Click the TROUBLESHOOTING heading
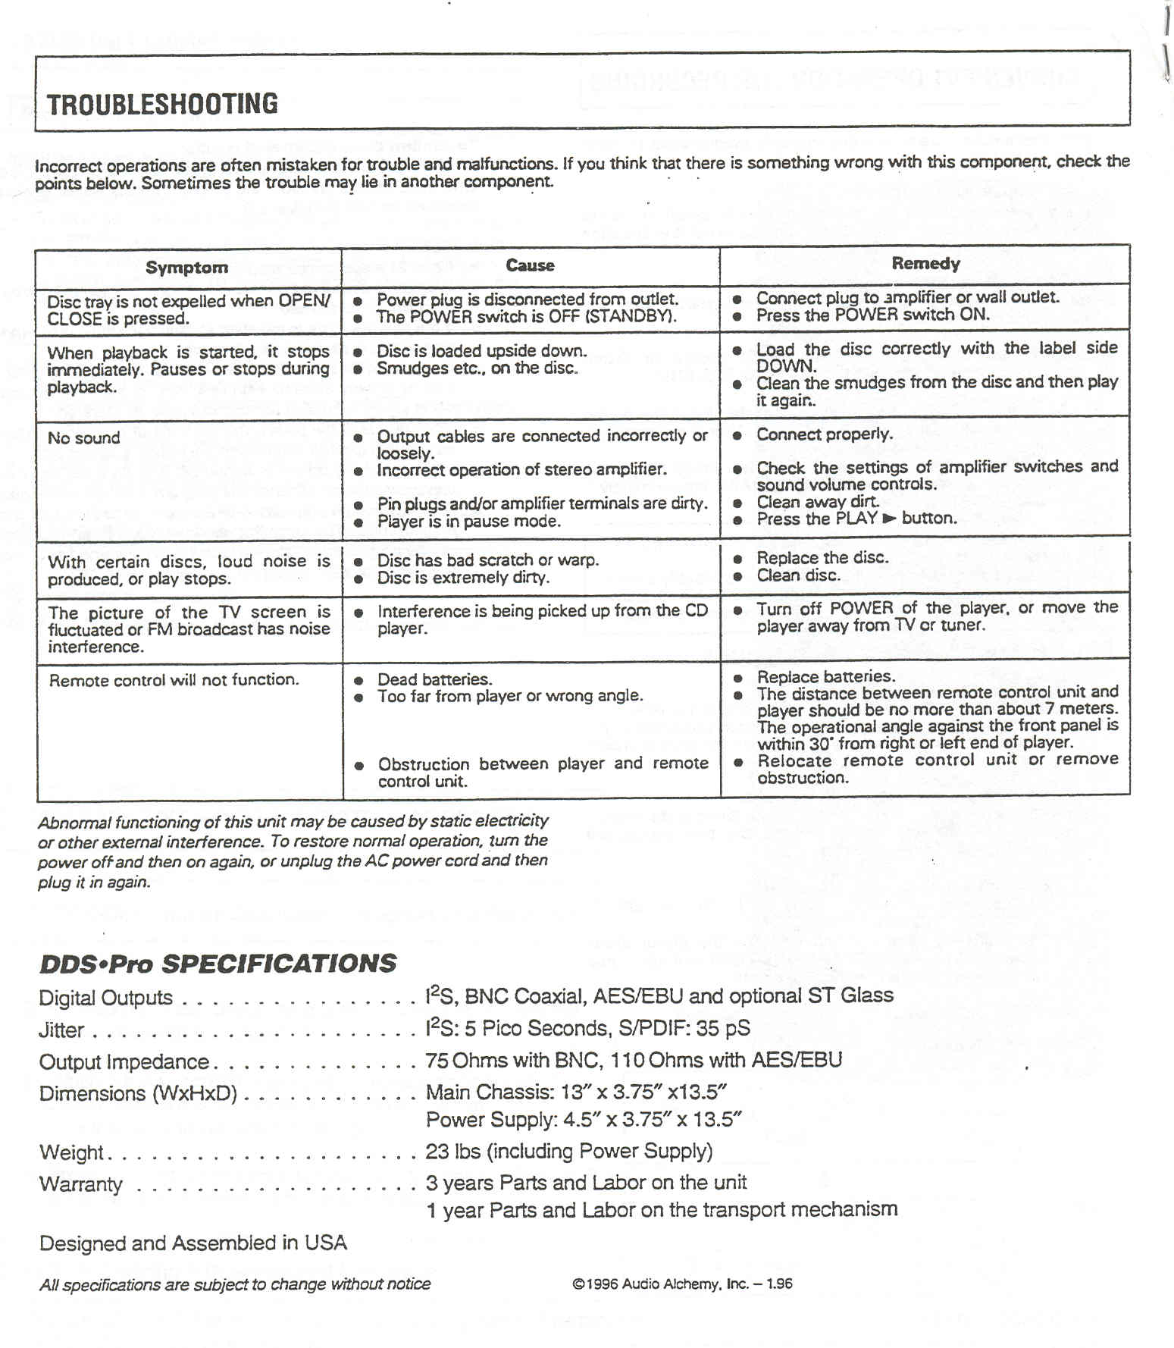(x=162, y=104)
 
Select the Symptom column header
(x=186, y=268)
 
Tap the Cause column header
(x=530, y=265)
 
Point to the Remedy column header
(x=925, y=264)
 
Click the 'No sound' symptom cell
(x=83, y=438)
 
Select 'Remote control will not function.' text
(x=174, y=680)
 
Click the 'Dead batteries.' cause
(x=434, y=679)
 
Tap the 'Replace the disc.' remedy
(x=822, y=558)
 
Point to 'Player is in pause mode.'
(x=468, y=522)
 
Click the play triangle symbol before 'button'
(x=889, y=519)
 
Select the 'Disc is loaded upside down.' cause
(x=481, y=351)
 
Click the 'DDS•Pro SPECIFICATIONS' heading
(x=218, y=964)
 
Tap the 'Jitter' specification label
(x=61, y=1030)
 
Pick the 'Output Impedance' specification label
(x=124, y=1062)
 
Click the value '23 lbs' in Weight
(x=453, y=1152)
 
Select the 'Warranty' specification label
(x=80, y=1184)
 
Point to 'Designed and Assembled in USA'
(x=193, y=1243)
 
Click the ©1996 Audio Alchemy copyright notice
(x=682, y=1284)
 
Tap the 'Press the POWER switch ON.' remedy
(x=872, y=315)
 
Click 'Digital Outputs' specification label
(x=105, y=998)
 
